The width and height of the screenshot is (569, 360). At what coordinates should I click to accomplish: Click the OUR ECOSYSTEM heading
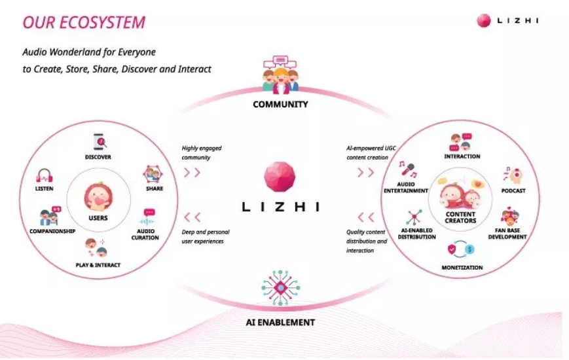pyautogui.click(x=84, y=22)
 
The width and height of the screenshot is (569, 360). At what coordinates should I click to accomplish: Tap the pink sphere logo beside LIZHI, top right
pyautogui.click(x=484, y=21)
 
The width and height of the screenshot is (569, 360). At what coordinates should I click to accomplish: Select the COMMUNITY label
pyautogui.click(x=280, y=105)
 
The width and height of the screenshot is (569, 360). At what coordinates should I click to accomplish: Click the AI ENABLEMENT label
pyautogui.click(x=280, y=323)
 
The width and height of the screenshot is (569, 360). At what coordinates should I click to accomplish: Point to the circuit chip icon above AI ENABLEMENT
pyautogui.click(x=280, y=288)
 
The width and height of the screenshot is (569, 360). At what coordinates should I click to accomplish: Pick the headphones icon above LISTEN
pyautogui.click(x=45, y=176)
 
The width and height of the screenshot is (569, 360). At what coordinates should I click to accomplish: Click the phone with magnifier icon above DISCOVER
pyautogui.click(x=100, y=142)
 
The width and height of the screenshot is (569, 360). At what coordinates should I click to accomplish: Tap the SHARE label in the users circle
pyautogui.click(x=155, y=189)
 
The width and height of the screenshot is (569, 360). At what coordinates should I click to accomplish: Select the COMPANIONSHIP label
pyautogui.click(x=52, y=231)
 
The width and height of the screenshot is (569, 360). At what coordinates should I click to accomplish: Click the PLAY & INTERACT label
pyautogui.click(x=98, y=265)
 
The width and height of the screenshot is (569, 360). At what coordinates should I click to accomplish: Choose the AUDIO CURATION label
pyautogui.click(x=145, y=234)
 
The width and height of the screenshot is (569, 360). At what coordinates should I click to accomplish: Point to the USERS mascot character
pyautogui.click(x=98, y=196)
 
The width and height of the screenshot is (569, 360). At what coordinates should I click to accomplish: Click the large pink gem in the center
pyautogui.click(x=280, y=177)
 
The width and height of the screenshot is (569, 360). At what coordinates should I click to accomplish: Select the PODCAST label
pyautogui.click(x=513, y=191)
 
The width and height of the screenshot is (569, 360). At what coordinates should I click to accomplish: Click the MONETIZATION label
pyautogui.click(x=462, y=268)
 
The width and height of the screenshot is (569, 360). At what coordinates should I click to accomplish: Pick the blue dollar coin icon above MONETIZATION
pyautogui.click(x=469, y=249)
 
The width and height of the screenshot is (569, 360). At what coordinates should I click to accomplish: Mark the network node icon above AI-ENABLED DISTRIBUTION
pyautogui.click(x=414, y=217)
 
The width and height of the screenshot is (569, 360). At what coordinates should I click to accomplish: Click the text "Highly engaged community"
pyautogui.click(x=202, y=153)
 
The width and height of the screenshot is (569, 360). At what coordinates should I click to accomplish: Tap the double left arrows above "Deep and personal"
pyautogui.click(x=193, y=217)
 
